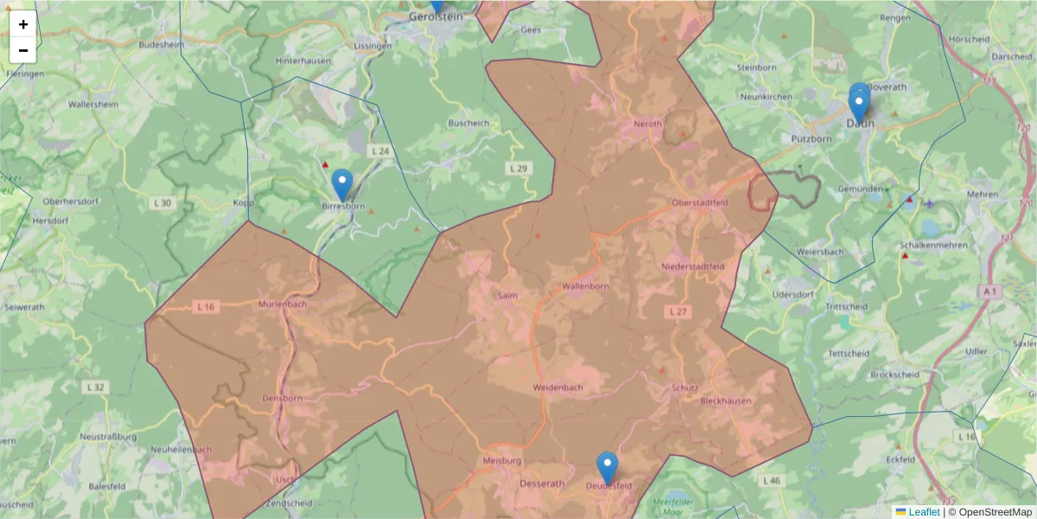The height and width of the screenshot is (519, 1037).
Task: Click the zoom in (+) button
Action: click(x=23, y=24)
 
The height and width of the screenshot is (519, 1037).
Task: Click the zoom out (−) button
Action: click(x=23, y=50)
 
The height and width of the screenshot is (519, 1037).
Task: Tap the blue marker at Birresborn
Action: click(x=343, y=184)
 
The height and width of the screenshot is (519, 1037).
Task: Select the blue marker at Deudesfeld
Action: click(x=608, y=467)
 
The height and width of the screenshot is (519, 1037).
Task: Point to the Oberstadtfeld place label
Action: click(x=700, y=202)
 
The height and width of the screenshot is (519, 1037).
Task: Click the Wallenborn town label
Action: click(x=587, y=285)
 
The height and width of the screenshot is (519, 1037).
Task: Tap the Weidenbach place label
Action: click(x=558, y=387)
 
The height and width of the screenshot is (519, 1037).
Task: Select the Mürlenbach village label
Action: click(x=283, y=304)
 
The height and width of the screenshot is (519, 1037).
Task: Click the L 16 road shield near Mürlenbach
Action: click(x=205, y=306)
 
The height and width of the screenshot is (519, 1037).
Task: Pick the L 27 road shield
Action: click(x=678, y=311)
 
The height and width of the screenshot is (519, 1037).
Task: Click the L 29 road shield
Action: click(x=518, y=167)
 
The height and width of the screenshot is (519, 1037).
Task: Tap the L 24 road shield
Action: click(x=379, y=151)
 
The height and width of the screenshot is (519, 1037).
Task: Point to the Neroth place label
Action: click(x=648, y=124)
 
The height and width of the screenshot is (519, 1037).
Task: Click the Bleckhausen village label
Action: click(x=726, y=401)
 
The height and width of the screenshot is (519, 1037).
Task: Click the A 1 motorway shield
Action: click(x=990, y=292)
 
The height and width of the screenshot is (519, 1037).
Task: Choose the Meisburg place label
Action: click(x=503, y=461)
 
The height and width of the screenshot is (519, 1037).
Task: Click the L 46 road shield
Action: click(x=771, y=479)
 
